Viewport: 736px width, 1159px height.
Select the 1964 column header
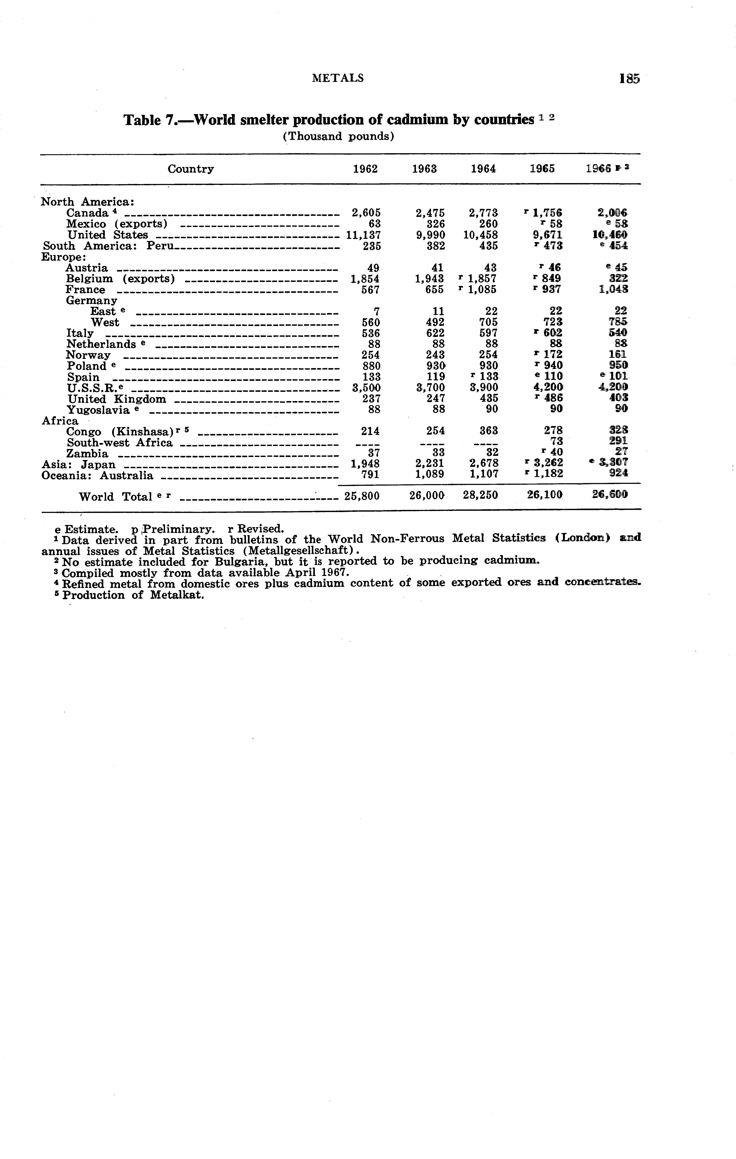coord(483,169)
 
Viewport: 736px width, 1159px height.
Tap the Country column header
coord(191,169)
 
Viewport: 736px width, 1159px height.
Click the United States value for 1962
coord(363,235)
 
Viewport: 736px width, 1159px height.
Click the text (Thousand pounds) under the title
coord(338,136)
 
